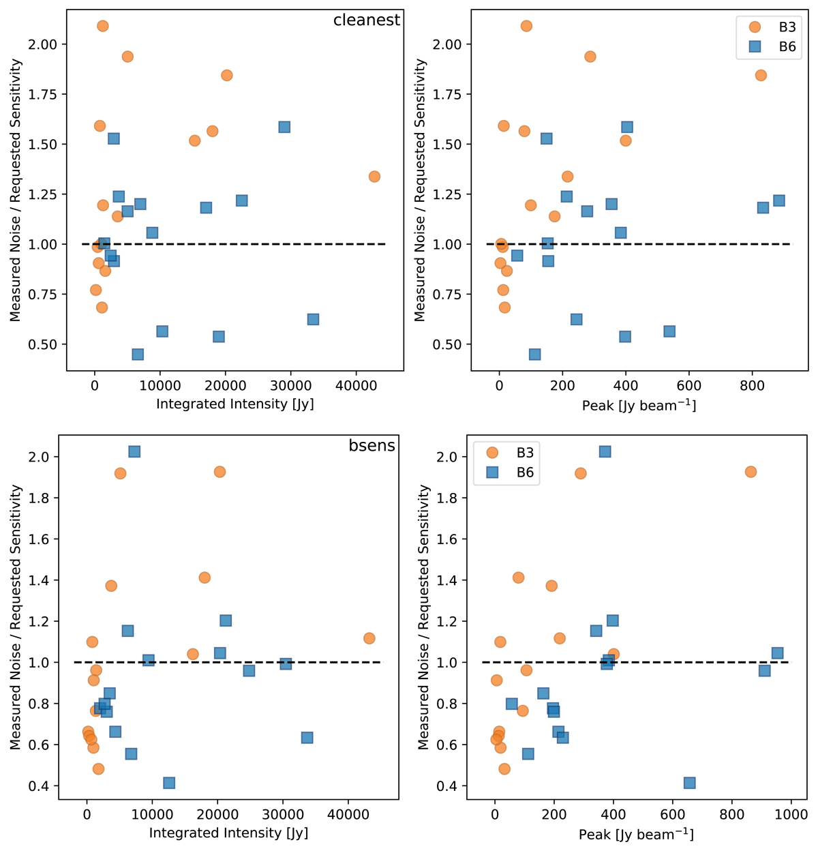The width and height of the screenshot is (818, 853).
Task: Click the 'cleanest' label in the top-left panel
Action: coord(366,20)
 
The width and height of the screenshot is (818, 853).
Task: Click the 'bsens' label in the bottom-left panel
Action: coord(372,445)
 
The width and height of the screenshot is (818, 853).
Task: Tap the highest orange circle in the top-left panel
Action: coord(102,26)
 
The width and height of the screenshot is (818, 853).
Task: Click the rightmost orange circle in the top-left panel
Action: coord(374,177)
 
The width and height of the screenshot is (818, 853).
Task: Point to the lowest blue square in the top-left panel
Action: coord(138,355)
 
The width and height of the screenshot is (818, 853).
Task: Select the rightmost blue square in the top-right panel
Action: coord(778,200)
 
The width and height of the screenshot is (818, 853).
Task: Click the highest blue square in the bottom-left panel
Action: coord(134,451)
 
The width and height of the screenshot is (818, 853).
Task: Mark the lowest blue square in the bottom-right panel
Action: coord(689,783)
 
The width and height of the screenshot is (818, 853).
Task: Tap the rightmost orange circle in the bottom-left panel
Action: coord(369,638)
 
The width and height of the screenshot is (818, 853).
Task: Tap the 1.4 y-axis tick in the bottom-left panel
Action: coord(48,580)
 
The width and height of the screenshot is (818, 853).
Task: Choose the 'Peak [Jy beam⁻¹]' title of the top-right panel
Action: coord(638,406)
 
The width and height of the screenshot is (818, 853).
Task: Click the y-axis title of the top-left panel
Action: coord(16,190)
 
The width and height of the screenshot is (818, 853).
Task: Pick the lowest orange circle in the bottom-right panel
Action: coord(504,769)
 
